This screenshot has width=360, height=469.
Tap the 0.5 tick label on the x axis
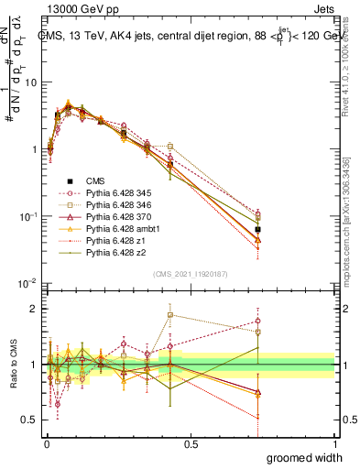point(191,444)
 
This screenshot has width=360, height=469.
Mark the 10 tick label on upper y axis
point(30,82)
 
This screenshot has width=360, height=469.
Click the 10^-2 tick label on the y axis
point(27,283)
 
